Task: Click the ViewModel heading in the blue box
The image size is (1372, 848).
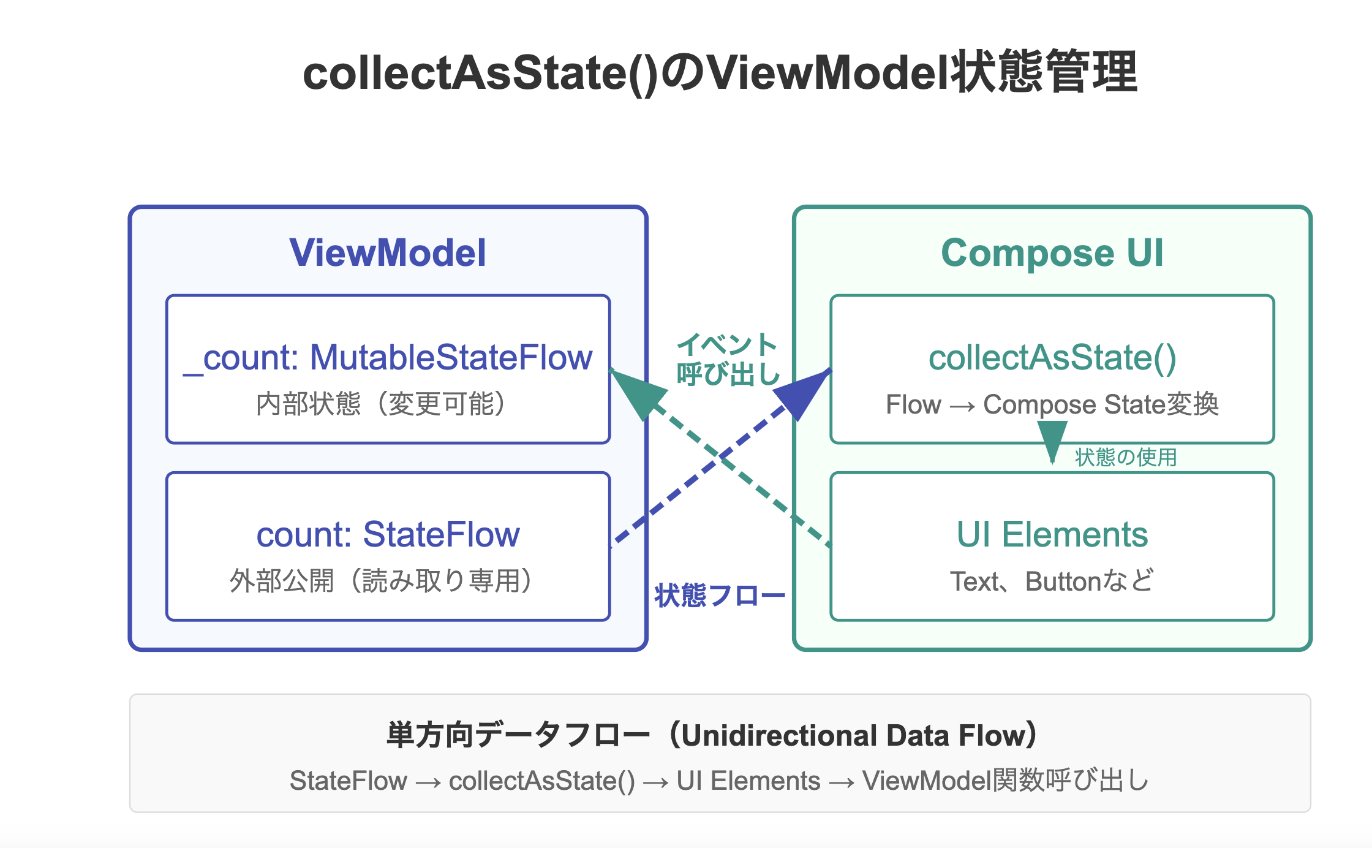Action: point(388,252)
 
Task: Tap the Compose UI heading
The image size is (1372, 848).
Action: point(1052,253)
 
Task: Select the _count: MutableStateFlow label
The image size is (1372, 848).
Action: point(388,358)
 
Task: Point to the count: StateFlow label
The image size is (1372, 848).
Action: point(388,534)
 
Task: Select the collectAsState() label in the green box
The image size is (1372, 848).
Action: point(1052,358)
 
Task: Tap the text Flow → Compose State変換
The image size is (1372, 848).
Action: point(1052,404)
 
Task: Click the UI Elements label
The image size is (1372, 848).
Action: point(1052,534)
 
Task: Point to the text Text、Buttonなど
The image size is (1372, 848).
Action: point(1052,581)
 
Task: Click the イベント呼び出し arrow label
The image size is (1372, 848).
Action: point(728,359)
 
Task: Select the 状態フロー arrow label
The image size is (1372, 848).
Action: point(720,596)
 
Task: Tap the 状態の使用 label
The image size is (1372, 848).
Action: point(1126,457)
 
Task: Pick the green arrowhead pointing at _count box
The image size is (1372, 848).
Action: point(637,392)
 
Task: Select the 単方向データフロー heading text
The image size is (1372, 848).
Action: point(518,735)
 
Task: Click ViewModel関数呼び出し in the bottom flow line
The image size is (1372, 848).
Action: point(1006,781)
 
